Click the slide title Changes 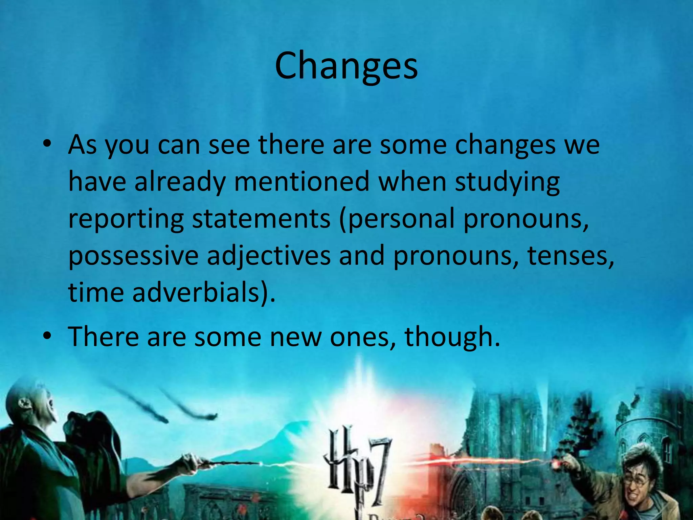click(346, 66)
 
